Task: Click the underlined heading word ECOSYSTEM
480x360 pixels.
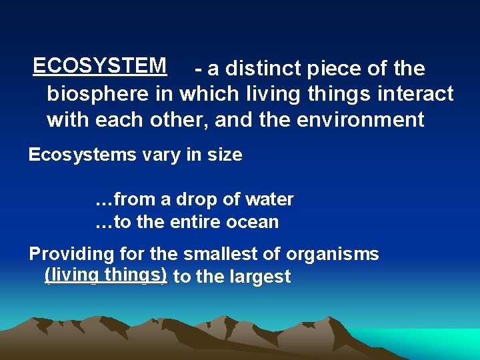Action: coord(99,65)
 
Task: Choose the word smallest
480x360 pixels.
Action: coord(247,254)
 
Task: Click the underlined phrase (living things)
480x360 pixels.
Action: coord(105,275)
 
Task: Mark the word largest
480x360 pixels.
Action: coord(259,277)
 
